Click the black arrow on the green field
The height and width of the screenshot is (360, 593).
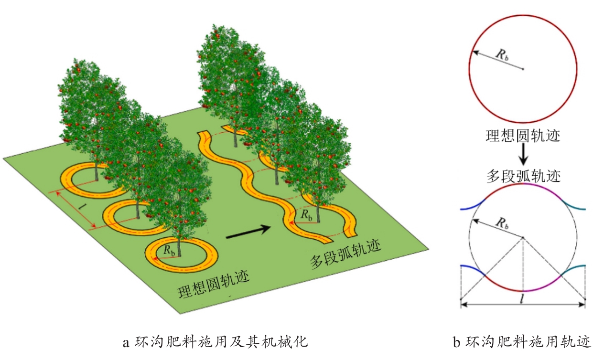248,232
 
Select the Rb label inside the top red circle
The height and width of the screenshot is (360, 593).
502,55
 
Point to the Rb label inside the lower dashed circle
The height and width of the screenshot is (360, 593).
502,223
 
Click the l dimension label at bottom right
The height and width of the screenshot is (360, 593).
521,299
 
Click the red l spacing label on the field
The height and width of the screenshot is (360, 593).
81,206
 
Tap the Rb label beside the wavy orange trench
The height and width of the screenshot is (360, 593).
306,215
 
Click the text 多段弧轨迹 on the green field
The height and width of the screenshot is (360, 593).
345,254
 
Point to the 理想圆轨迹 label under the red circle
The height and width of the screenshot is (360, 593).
523,136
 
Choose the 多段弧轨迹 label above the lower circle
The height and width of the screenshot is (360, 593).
523,176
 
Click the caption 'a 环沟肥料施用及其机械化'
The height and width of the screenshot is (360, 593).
215,341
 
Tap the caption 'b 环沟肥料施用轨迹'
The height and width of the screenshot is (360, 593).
522,341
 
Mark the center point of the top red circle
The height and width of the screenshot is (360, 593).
523,69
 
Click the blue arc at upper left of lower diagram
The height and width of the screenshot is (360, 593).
474,205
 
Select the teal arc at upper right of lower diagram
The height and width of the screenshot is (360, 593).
573,205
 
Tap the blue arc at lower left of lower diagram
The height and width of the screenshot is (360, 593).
474,269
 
